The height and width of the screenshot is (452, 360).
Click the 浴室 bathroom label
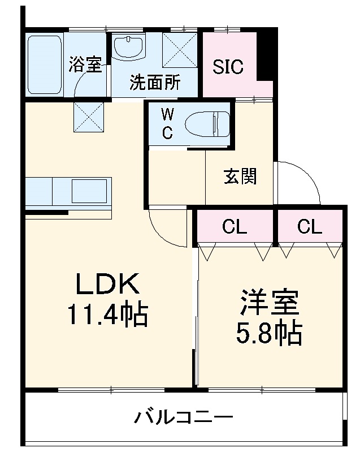point(85,64)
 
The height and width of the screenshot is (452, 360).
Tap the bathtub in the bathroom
point(45,64)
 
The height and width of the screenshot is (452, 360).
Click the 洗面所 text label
point(155,83)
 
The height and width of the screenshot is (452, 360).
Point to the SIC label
point(228,67)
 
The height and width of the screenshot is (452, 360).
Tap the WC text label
point(168,123)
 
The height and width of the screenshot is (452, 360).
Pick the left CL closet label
point(235,227)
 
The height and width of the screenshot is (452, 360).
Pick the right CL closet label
point(310,227)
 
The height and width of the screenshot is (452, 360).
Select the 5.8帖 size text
point(269,334)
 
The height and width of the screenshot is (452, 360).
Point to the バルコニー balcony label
point(184,419)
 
